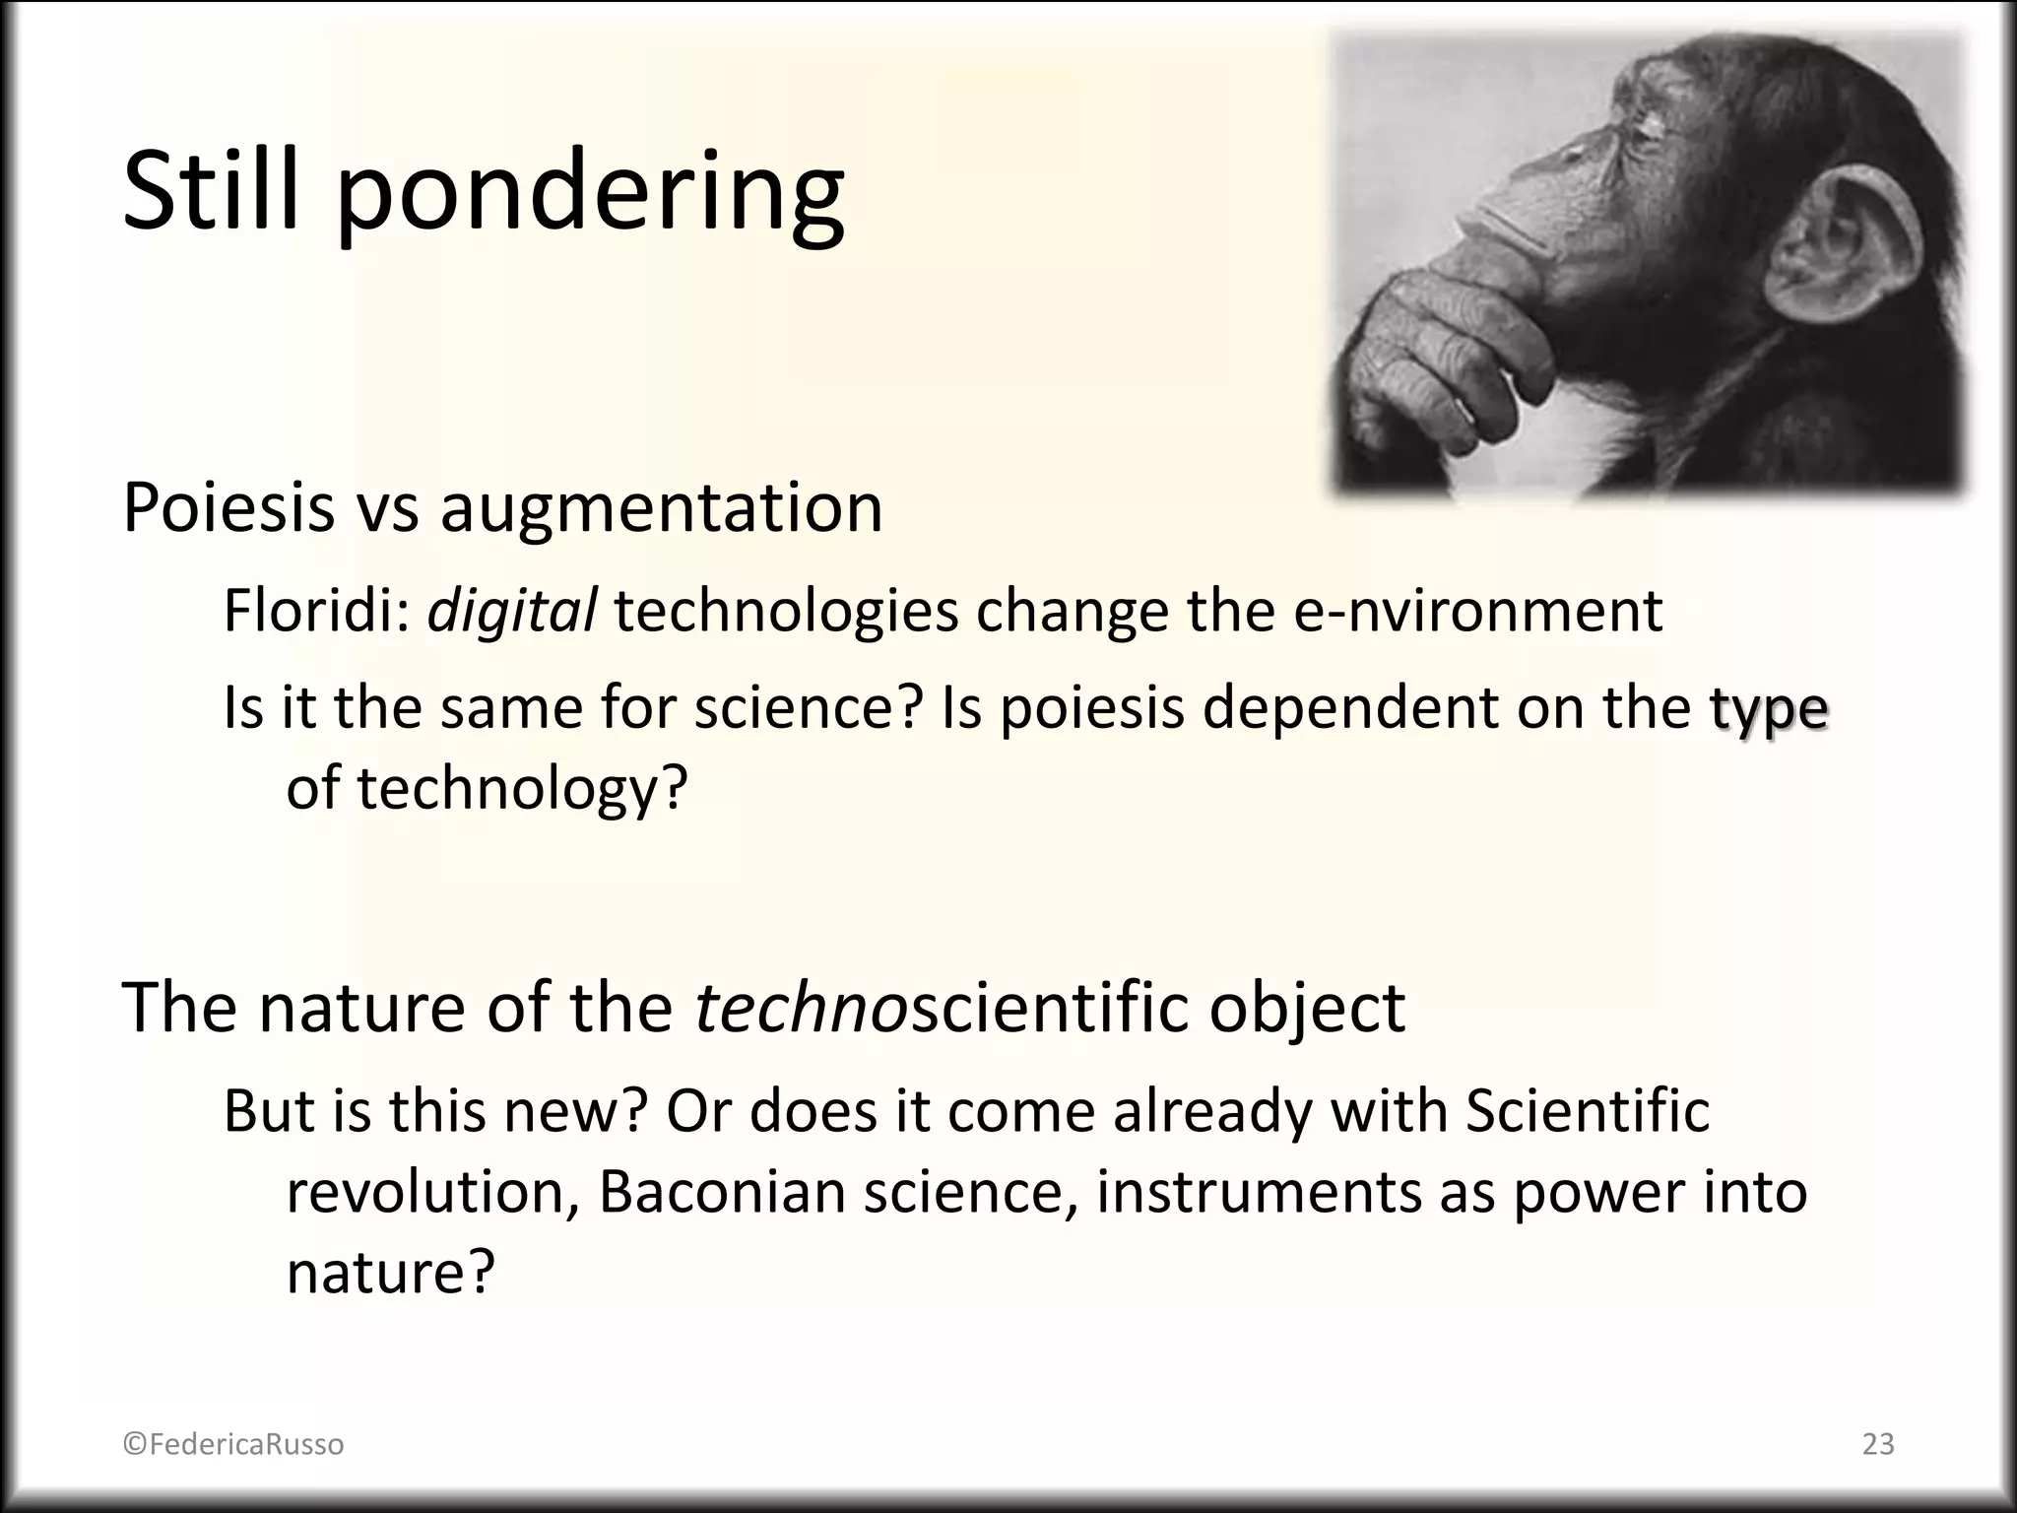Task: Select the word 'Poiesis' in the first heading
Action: point(228,508)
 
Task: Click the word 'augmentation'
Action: point(661,510)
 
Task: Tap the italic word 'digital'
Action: point(511,611)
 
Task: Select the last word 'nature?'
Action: point(390,1273)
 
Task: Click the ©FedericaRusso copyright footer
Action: point(233,1444)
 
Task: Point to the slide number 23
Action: point(1878,1444)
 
